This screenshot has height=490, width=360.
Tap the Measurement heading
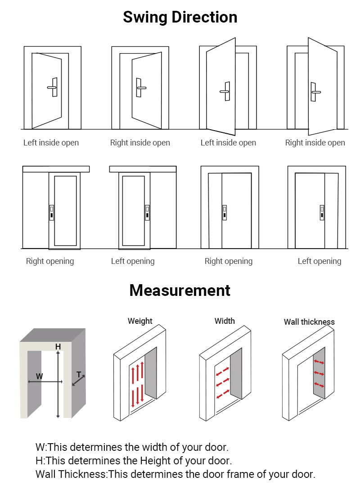click(180, 290)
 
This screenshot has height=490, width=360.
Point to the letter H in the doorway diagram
click(58, 346)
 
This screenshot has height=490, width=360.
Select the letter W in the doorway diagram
click(40, 376)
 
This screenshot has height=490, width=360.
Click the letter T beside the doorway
click(79, 374)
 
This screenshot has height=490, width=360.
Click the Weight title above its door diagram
click(140, 321)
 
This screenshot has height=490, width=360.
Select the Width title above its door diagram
click(225, 321)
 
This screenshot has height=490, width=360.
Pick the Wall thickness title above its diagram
click(309, 322)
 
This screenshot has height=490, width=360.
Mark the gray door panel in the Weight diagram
click(151, 373)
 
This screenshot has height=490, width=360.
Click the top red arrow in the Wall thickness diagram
click(319, 362)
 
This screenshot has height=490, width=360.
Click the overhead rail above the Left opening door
click(143, 169)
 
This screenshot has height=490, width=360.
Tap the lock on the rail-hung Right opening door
click(51, 213)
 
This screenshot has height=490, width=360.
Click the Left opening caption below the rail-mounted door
click(133, 261)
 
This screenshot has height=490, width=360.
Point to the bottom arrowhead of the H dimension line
click(58, 416)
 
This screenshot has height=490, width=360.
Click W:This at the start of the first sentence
click(52, 447)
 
